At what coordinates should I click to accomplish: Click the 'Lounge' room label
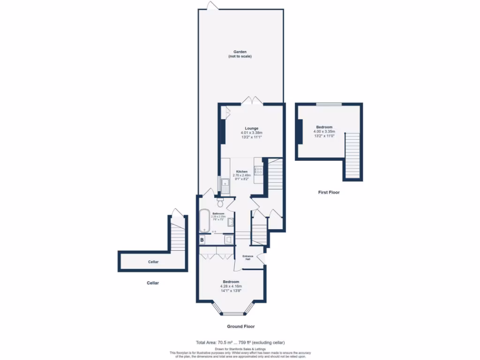point(252,128)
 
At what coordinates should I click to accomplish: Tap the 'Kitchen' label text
point(242,172)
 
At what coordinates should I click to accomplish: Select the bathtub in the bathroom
point(204,221)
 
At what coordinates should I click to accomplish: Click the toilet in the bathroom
point(220,202)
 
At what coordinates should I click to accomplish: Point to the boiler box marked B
point(202,240)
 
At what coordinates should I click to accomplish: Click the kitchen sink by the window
point(225,186)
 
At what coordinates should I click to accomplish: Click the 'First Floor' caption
point(328,192)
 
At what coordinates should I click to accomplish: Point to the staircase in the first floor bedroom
point(352,155)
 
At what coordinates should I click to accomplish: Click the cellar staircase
point(178,237)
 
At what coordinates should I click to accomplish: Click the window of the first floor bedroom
point(328,104)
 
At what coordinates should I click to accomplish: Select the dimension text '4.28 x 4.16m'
point(231,286)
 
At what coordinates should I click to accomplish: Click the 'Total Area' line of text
point(240,342)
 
